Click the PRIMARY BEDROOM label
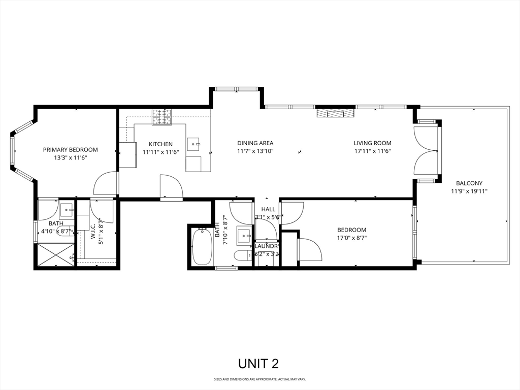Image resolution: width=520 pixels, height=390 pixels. (x=70, y=150)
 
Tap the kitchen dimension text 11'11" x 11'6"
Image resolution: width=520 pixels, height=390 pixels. (x=160, y=152)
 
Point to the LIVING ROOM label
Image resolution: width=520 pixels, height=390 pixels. (x=372, y=143)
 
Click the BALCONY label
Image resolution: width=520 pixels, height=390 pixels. (x=469, y=183)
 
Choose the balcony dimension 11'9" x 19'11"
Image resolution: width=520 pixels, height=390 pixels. (x=469, y=191)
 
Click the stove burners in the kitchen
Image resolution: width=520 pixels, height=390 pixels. (x=162, y=117)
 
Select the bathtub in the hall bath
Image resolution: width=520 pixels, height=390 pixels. (x=202, y=246)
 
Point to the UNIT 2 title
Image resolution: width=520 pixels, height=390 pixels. (x=258, y=364)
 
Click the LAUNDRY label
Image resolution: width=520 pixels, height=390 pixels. (x=266, y=246)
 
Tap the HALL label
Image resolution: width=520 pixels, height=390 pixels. (x=268, y=209)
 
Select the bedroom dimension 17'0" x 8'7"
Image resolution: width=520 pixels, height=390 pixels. (x=351, y=238)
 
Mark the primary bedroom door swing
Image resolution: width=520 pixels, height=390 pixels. (x=106, y=184)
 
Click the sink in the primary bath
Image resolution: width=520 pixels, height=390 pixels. (x=67, y=209)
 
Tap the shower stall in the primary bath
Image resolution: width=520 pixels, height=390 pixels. (x=55, y=255)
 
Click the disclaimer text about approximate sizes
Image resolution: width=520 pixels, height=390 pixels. (x=259, y=379)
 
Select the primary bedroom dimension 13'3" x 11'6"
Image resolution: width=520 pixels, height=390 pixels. (x=70, y=158)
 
